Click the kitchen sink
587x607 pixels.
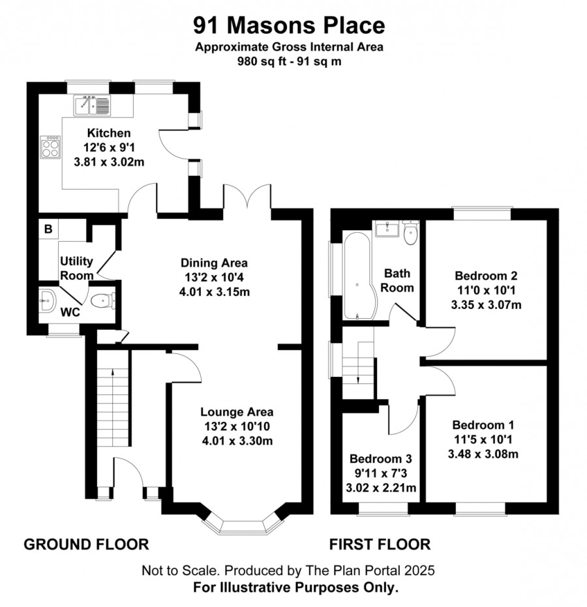click(x=92, y=106)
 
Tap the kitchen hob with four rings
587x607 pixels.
click(x=50, y=147)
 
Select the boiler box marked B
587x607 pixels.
click(x=48, y=229)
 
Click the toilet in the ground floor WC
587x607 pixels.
click(x=102, y=301)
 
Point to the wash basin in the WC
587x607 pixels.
click(x=48, y=301)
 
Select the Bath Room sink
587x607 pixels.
click(x=387, y=229)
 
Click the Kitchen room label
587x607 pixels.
click(x=109, y=133)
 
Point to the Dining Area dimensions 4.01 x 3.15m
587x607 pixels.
click(x=214, y=291)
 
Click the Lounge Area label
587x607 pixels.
click(x=237, y=411)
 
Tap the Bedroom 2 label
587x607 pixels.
click(x=486, y=276)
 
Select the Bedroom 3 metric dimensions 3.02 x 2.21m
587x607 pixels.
click(x=381, y=488)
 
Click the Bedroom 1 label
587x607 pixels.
click(x=483, y=424)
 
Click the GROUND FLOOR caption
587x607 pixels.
click(x=86, y=544)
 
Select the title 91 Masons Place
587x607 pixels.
click(x=289, y=25)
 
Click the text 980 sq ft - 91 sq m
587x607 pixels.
click(x=289, y=61)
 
